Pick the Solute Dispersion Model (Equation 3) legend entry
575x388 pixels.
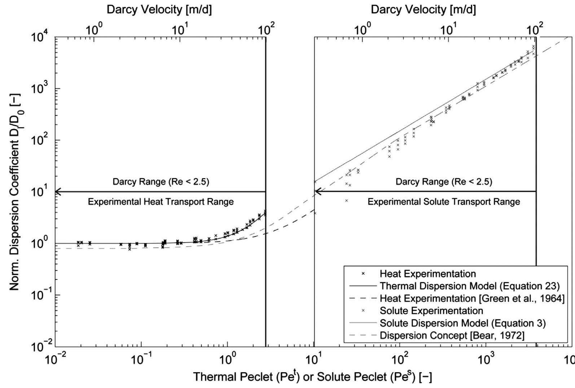click(462, 323)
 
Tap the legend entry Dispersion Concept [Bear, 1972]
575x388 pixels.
click(452, 335)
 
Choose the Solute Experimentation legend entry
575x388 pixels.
click(431, 311)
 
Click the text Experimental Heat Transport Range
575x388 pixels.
click(161, 202)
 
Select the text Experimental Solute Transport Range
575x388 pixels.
click(444, 202)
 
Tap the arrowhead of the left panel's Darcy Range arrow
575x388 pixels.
click(57, 191)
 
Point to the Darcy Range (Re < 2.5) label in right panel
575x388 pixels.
click(444, 181)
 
